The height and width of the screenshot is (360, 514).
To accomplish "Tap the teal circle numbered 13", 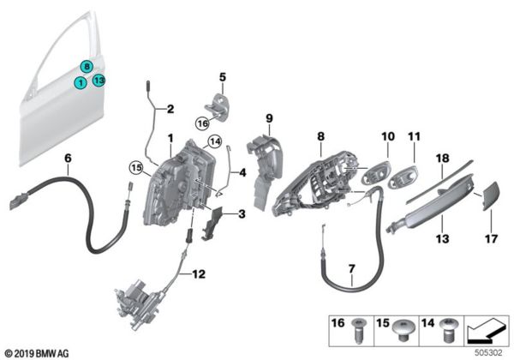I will click(99, 81).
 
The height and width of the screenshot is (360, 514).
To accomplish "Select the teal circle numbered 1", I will click(80, 82).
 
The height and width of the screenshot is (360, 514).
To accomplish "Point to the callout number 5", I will click(221, 77).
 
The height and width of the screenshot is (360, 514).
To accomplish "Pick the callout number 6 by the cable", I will click(67, 159).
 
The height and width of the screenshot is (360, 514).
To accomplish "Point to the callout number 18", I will click(443, 159).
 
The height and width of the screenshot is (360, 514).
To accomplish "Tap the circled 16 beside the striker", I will click(201, 123).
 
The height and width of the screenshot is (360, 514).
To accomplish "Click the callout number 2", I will click(169, 109).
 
